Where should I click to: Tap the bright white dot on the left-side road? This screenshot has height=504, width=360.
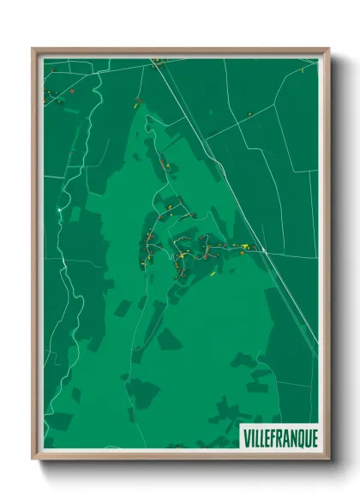click(58, 208)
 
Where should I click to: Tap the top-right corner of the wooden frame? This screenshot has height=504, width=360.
click(328, 49)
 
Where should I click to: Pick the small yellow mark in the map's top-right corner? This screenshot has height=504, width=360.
click(303, 70)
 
